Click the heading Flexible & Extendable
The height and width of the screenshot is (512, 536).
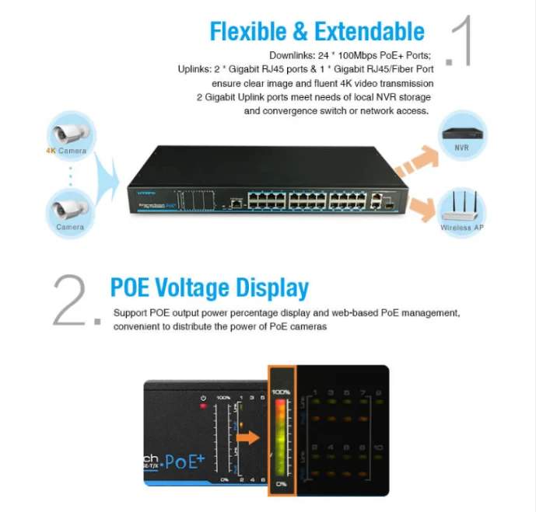click(x=317, y=31)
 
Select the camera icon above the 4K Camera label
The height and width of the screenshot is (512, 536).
click(x=71, y=130)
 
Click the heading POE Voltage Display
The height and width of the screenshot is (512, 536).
click(x=209, y=287)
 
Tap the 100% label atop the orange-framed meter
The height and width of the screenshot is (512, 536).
click(x=280, y=393)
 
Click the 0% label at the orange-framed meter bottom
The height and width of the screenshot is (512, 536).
click(x=280, y=483)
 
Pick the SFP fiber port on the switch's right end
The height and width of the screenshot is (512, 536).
click(x=390, y=200)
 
